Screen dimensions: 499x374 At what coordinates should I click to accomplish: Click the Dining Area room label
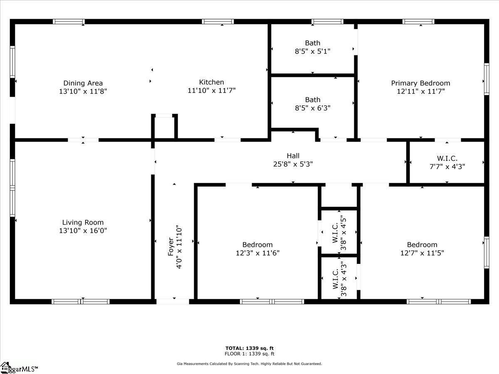83,83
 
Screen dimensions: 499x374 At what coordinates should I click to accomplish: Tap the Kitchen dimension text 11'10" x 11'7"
211,90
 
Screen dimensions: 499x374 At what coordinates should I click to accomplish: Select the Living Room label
83,222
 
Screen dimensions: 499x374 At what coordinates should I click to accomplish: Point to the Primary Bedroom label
420,83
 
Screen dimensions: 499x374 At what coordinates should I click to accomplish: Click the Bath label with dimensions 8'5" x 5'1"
313,43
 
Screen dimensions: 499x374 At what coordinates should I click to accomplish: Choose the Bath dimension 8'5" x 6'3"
313,108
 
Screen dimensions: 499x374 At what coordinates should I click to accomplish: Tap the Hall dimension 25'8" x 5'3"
293,164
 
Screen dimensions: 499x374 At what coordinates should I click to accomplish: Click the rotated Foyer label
171,246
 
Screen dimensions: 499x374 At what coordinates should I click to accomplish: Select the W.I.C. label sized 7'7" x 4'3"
447,158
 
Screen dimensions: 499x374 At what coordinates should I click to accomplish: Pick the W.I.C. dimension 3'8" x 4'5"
343,233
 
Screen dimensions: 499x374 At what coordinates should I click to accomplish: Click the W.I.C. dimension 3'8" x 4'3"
343,279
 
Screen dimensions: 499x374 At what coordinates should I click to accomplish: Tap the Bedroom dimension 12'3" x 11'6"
257,253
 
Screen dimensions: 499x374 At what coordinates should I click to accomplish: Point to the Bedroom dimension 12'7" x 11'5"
422,253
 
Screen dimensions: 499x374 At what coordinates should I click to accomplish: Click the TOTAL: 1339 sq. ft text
249,348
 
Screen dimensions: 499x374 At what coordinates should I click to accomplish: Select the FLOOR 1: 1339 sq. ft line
249,354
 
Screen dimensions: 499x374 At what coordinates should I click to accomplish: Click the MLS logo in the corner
19,368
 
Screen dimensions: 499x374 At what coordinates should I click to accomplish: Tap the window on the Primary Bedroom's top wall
418,22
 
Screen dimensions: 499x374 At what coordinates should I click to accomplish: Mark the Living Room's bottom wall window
81,302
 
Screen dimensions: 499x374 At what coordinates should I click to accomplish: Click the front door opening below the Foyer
173,302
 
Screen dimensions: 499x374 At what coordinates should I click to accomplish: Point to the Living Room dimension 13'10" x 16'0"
83,231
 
